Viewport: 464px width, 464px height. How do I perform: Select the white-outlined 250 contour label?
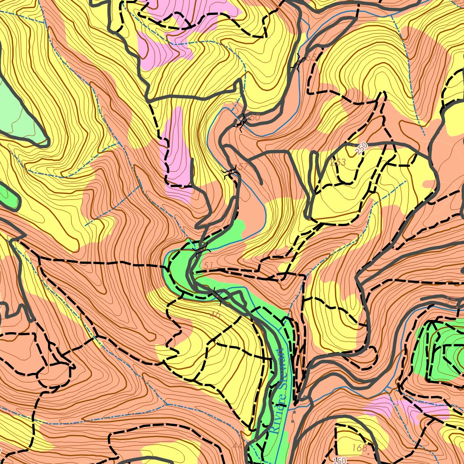[x=361, y=148]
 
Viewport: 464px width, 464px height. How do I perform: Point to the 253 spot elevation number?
[x=338, y=162]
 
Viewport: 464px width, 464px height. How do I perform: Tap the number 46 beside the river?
[x=216, y=314]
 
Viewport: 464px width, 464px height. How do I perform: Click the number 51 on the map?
[x=208, y=265]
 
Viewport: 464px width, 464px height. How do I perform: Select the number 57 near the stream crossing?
[x=243, y=166]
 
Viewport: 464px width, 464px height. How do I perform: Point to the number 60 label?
[x=254, y=117]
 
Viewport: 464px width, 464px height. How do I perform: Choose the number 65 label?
[x=310, y=58]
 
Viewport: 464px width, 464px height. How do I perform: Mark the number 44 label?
[x=237, y=446]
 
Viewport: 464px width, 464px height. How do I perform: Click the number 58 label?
[x=451, y=300]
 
